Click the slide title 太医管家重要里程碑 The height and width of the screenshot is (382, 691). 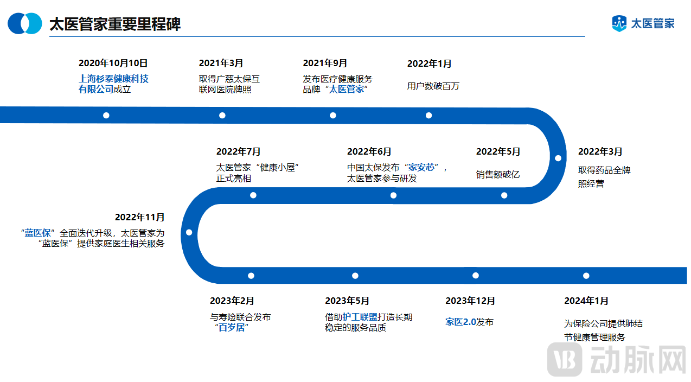coord(115,24)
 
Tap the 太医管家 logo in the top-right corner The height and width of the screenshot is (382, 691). coord(643,23)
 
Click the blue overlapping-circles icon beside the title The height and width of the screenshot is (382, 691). coord(24,23)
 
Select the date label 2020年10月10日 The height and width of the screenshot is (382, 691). coord(113,63)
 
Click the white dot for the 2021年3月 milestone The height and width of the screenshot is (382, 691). coord(222,115)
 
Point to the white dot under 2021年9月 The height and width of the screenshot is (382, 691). coord(333,115)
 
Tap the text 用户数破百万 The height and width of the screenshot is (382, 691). coord(433,86)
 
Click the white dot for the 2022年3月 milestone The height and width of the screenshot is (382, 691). coord(558,158)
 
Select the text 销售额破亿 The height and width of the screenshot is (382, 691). coord(497,174)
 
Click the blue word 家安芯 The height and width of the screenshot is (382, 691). coord(422,167)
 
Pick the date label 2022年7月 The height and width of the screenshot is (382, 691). coord(238,151)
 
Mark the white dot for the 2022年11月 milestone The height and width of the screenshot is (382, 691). coord(189,232)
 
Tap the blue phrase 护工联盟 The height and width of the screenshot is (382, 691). coord(360,317)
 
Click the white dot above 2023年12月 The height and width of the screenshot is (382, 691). coord(475,276)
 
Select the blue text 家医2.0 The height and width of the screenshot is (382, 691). coord(460,322)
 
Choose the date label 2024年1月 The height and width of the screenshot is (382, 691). coord(586,301)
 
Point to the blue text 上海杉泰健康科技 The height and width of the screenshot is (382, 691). coord(113,79)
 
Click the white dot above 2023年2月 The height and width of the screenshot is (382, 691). coord(251,276)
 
